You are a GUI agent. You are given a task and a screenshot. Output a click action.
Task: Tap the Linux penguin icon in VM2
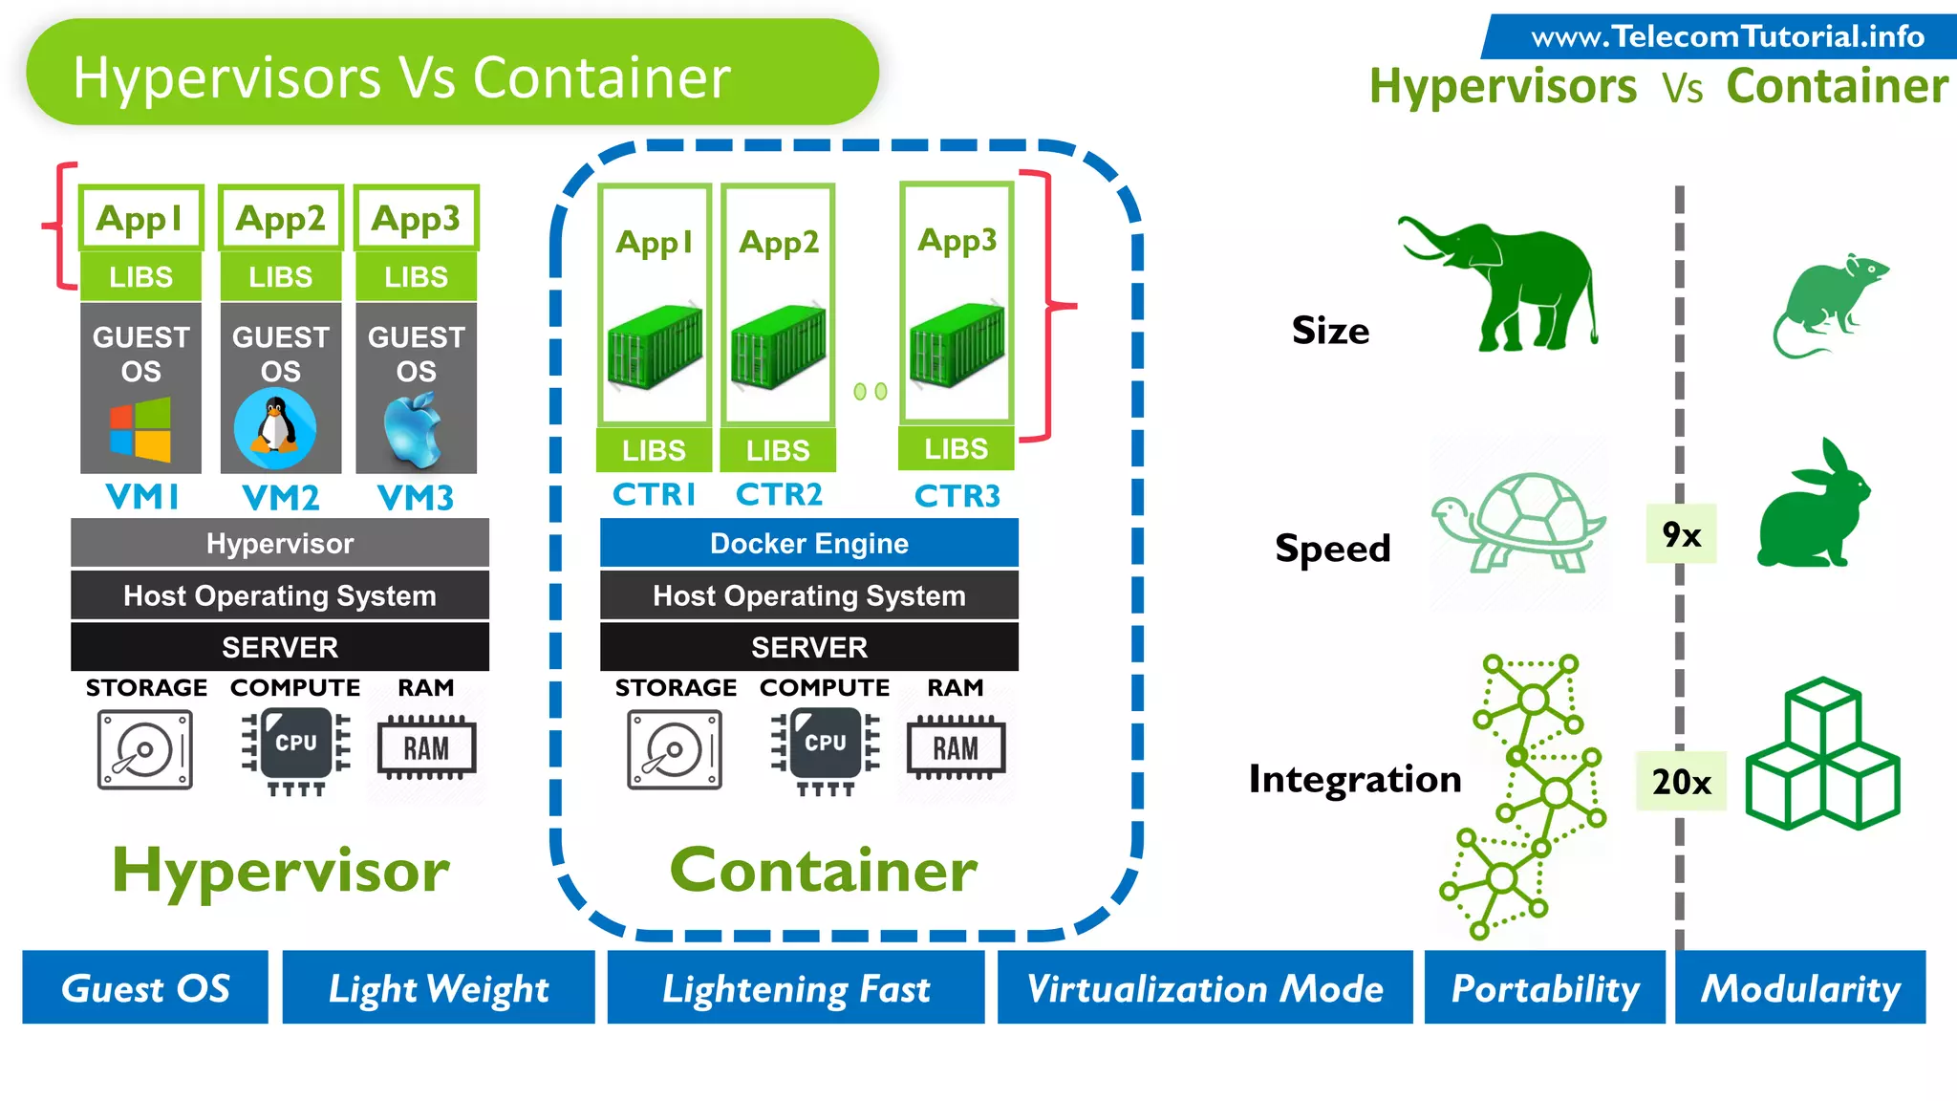(x=275, y=428)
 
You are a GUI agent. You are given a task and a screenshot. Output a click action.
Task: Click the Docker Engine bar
(x=808, y=543)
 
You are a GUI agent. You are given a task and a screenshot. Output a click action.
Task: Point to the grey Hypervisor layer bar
(x=279, y=543)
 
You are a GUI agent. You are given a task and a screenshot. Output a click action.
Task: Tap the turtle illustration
(x=1517, y=523)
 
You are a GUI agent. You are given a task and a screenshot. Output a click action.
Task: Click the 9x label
(x=1681, y=534)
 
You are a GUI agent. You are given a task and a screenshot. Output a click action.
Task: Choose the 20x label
(x=1681, y=782)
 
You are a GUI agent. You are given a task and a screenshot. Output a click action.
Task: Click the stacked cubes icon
(x=1821, y=754)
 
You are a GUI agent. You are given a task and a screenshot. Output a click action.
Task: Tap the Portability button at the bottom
(x=1544, y=988)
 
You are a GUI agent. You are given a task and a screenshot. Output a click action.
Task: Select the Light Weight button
(x=439, y=988)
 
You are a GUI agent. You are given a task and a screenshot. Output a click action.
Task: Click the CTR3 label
(x=957, y=496)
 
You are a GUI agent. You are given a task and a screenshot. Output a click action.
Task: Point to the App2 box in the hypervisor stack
(x=280, y=218)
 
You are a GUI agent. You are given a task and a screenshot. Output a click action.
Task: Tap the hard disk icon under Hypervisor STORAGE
(x=144, y=749)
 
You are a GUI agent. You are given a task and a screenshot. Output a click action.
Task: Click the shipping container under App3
(x=956, y=345)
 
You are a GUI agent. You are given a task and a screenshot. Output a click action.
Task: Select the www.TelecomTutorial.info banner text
(x=1727, y=36)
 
